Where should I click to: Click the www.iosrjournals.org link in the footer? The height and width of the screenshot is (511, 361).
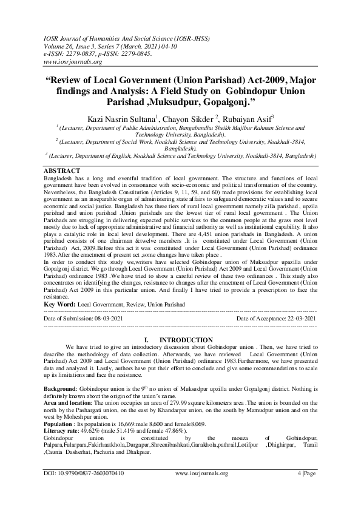201,490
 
